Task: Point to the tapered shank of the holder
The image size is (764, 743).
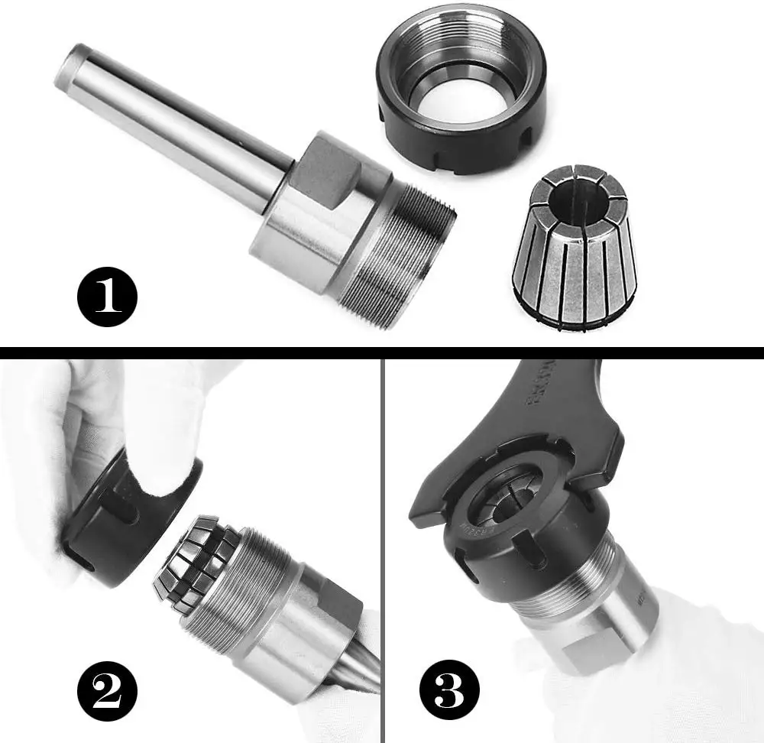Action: [176, 122]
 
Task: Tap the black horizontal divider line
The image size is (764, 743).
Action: [382, 353]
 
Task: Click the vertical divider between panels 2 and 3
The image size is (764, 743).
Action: [382, 550]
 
